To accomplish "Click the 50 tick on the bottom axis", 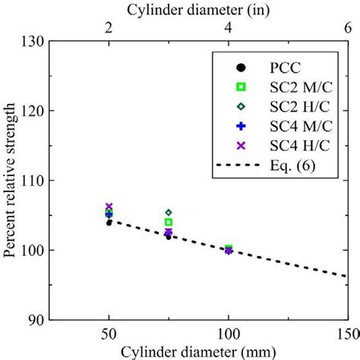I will click(x=109, y=333).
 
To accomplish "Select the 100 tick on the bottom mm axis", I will click(x=228, y=333).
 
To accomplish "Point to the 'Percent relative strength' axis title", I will click(x=9, y=180).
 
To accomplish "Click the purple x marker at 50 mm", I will click(x=109, y=207).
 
